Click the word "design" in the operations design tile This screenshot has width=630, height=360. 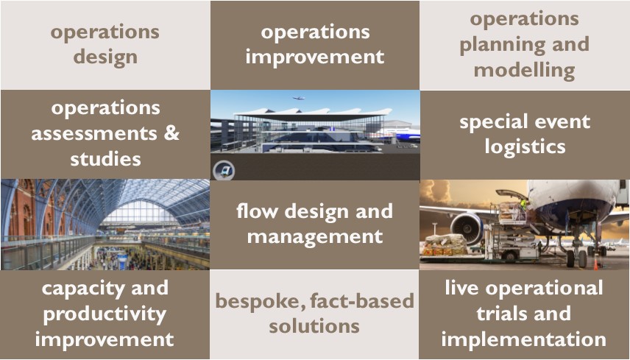tap(105, 57)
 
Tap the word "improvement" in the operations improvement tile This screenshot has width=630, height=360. tap(315, 57)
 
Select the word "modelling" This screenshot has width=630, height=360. tap(524, 71)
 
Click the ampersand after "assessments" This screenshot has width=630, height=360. tap(171, 133)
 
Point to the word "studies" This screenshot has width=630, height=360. tap(105, 159)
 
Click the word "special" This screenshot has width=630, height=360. tap(493, 122)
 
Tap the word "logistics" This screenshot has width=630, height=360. tap(525, 147)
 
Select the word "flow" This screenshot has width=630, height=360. tap(257, 211)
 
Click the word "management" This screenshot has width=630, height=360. tap(315, 236)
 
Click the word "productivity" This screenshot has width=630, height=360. tap(105, 314)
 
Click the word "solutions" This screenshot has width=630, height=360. tap(314, 326)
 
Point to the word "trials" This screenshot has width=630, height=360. tap(500, 314)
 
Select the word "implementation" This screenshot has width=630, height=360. tap(523, 339)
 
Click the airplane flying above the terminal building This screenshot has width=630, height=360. tap(298, 98)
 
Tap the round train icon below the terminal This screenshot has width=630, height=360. tap(224, 170)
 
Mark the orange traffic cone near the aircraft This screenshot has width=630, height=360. tap(596, 264)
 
